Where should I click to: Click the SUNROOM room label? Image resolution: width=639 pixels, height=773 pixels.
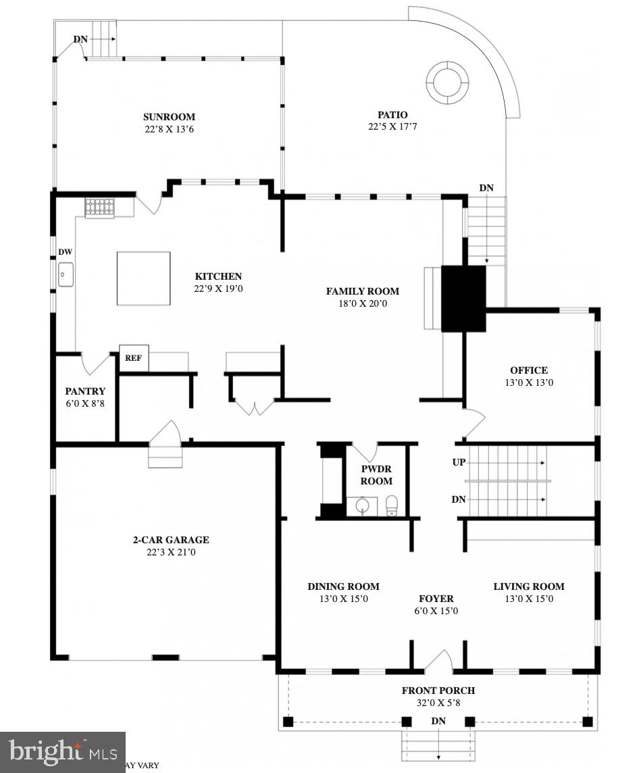(x=169, y=117)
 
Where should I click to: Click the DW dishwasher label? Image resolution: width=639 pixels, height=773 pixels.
(x=65, y=252)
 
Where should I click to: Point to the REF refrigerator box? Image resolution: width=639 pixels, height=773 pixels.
(x=133, y=358)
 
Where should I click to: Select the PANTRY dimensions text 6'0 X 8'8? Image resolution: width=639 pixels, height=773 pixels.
(x=85, y=403)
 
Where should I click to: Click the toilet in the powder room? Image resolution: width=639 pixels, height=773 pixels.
(x=391, y=505)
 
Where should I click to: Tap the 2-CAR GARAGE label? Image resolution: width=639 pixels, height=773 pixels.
(x=170, y=540)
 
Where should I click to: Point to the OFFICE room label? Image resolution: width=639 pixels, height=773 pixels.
(x=528, y=370)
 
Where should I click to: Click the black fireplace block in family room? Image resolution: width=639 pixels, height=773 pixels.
(x=463, y=298)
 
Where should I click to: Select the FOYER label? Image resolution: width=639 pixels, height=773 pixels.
(x=436, y=599)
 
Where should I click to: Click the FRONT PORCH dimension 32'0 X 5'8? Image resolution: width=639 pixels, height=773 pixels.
(x=438, y=703)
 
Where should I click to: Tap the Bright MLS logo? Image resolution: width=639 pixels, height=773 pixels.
(x=63, y=751)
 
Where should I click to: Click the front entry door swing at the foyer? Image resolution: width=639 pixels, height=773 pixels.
(x=439, y=662)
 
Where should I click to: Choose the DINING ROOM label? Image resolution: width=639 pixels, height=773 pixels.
(x=343, y=587)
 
